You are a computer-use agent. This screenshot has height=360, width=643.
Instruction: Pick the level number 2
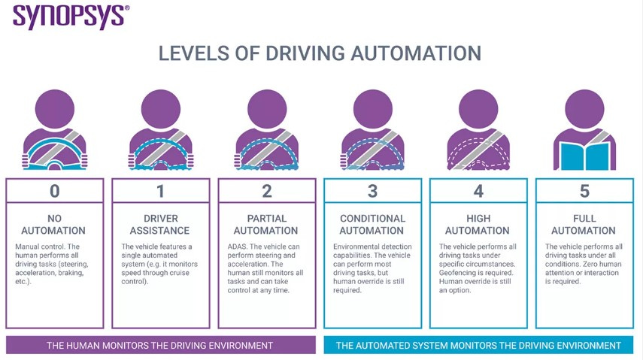[x=266, y=191]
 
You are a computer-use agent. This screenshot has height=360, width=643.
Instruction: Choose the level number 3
[x=372, y=191]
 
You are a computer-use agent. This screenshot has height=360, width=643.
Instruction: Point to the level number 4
[x=478, y=191]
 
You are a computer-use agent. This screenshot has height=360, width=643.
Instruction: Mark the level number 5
[x=584, y=191]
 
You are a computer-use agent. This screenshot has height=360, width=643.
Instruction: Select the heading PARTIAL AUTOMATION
[x=266, y=225]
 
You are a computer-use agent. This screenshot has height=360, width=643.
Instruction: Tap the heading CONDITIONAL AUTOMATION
[x=372, y=225]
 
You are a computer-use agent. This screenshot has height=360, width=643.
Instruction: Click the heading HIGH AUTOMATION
[x=478, y=225]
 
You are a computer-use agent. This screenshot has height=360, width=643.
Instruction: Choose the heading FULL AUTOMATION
[x=584, y=225]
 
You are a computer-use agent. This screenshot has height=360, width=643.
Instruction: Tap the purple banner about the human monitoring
[x=159, y=345]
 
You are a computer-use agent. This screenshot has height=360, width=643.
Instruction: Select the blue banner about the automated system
[x=478, y=345]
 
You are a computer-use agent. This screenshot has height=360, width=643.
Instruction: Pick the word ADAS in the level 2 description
[x=237, y=247]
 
